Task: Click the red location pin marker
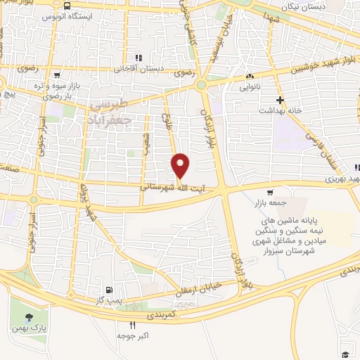click(x=181, y=165)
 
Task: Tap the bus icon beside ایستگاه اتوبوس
click(x=66, y=6)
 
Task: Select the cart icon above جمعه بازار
click(x=270, y=193)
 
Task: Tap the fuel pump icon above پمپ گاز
click(x=108, y=289)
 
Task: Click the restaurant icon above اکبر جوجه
click(x=132, y=325)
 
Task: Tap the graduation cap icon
click(x=345, y=354)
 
